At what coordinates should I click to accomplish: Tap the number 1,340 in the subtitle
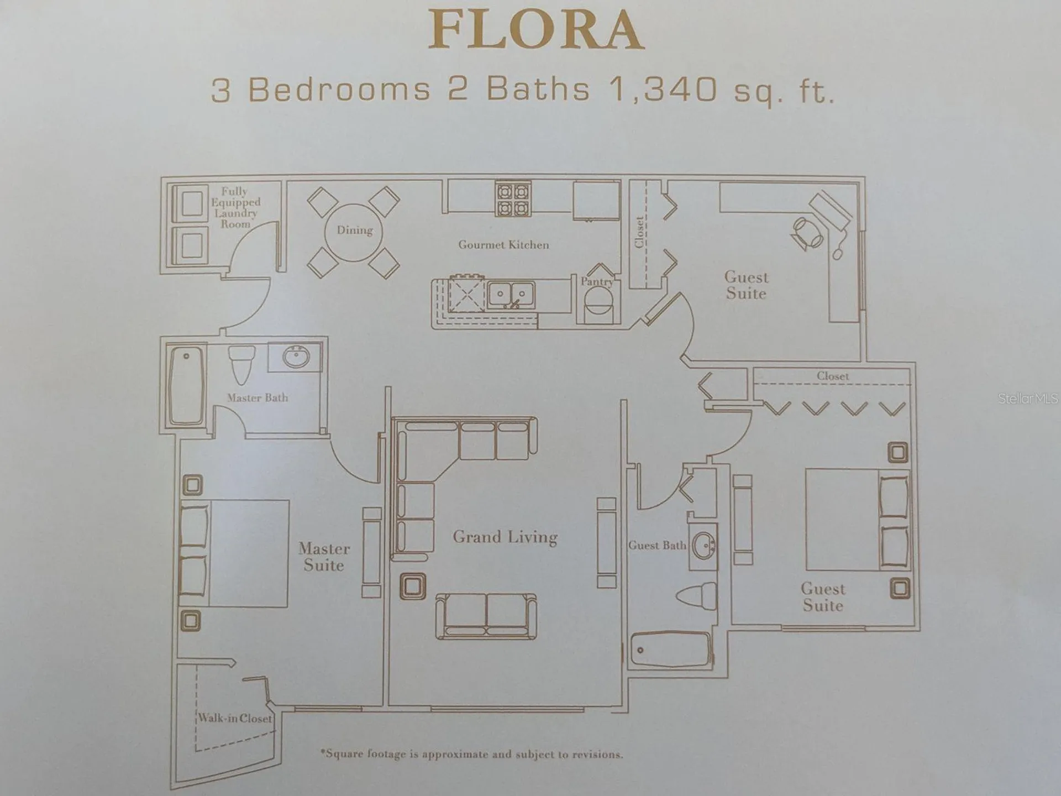pyautogui.click(x=663, y=90)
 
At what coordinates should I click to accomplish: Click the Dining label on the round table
pyautogui.click(x=355, y=230)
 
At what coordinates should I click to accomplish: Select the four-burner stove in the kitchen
pyautogui.click(x=513, y=199)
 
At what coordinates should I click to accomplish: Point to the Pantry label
pyautogui.click(x=597, y=281)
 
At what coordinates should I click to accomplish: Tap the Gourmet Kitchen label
pyautogui.click(x=503, y=245)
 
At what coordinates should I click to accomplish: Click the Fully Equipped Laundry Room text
pyautogui.click(x=235, y=208)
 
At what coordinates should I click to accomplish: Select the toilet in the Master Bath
pyautogui.click(x=241, y=364)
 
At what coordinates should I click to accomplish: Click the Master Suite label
pyautogui.click(x=324, y=557)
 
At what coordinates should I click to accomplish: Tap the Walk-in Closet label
pyautogui.click(x=235, y=718)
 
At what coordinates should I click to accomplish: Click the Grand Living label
pyautogui.click(x=505, y=537)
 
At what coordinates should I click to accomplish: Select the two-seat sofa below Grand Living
pyautogui.click(x=486, y=616)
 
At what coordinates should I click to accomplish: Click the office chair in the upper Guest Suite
pyautogui.click(x=807, y=233)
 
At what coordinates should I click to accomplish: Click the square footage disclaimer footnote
pyautogui.click(x=471, y=754)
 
